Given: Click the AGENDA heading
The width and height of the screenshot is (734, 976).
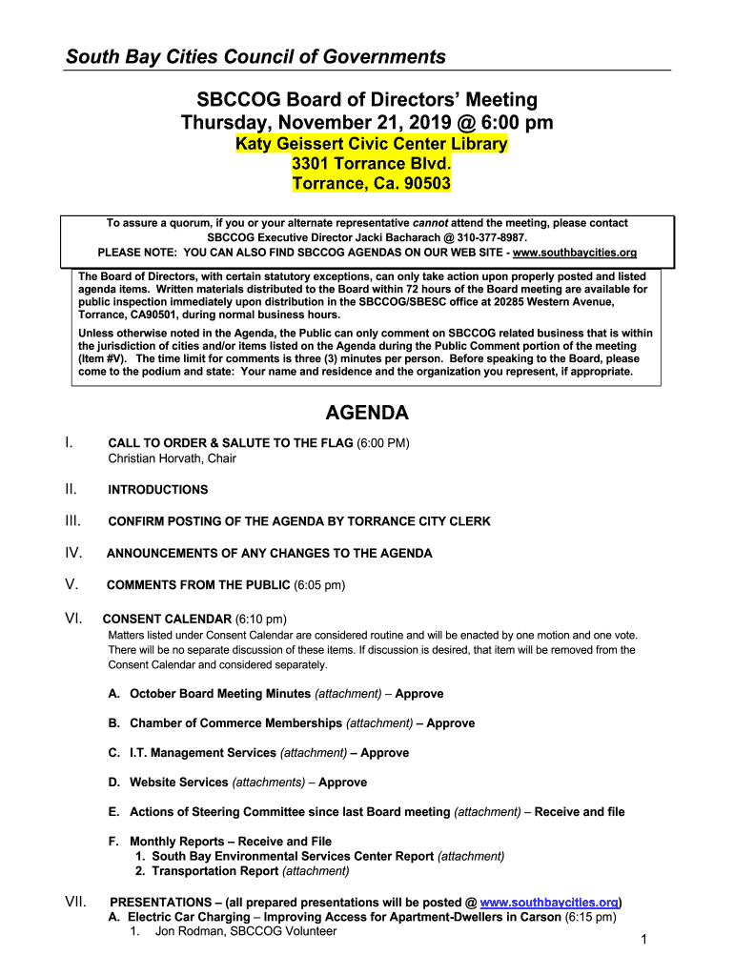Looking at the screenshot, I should pyautogui.click(x=367, y=413).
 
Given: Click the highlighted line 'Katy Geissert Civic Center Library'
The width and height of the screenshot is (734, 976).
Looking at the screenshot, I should pyautogui.click(x=372, y=144).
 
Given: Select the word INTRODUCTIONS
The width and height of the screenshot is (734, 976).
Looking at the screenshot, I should pyautogui.click(x=157, y=490).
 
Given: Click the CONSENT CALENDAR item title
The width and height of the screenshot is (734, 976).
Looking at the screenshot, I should pyautogui.click(x=167, y=619).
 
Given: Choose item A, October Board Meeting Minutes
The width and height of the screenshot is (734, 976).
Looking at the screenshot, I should pyautogui.click(x=220, y=694).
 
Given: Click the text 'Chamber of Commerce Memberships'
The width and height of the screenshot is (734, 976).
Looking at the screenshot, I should pyautogui.click(x=235, y=723).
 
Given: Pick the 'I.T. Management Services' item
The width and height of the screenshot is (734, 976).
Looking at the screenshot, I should pyautogui.click(x=202, y=753).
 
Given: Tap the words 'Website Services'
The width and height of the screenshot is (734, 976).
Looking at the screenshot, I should pyautogui.click(x=179, y=783).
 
